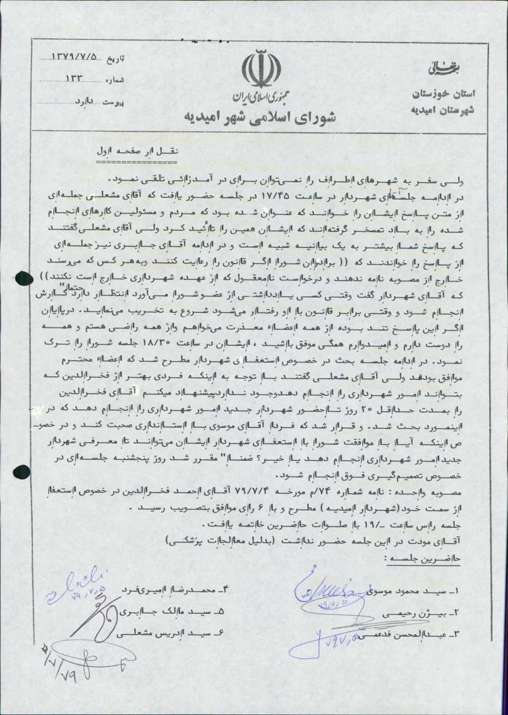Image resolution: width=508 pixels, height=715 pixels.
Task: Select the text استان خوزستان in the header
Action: tap(431, 94)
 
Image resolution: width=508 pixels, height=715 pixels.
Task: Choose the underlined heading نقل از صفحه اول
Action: tap(130, 151)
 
